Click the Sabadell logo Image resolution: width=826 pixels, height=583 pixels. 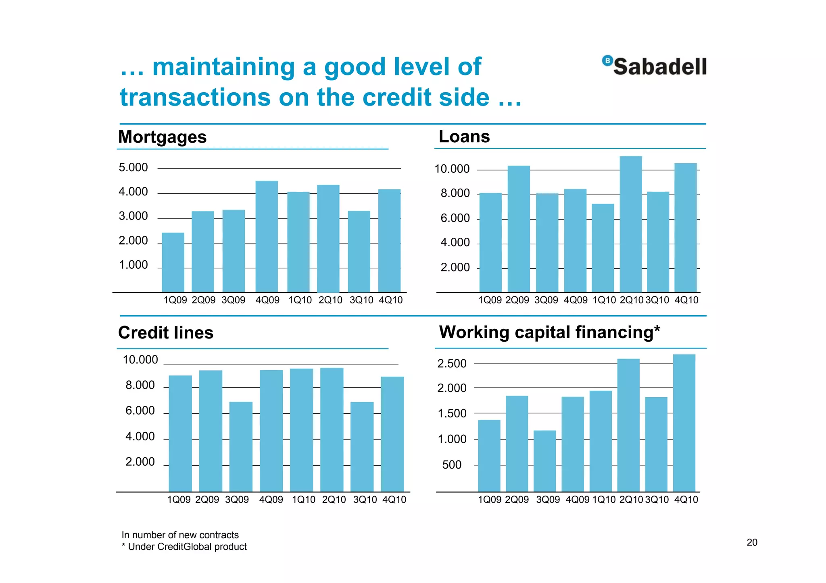pos(654,66)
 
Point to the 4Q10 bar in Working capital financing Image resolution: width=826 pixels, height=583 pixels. pos(684,423)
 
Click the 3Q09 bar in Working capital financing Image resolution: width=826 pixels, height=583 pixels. pos(544,461)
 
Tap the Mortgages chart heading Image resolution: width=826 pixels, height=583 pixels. pos(162,137)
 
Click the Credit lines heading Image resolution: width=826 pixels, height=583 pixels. pos(165,333)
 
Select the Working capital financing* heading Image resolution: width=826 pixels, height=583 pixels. pos(549,332)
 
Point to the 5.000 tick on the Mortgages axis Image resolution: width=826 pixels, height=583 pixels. pos(133,168)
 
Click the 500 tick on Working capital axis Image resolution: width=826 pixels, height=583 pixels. pos(452,465)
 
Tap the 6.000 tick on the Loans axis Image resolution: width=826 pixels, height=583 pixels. pos(455,218)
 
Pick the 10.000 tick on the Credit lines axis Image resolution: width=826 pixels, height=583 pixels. pos(140,360)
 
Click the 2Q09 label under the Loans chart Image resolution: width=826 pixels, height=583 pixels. pos(517,300)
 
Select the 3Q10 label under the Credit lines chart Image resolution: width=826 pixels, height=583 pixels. pos(365,500)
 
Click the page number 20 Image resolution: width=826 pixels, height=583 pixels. pos(752,542)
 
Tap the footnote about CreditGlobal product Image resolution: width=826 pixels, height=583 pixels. pos(184,547)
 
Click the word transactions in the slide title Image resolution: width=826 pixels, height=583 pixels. pos(195,98)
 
